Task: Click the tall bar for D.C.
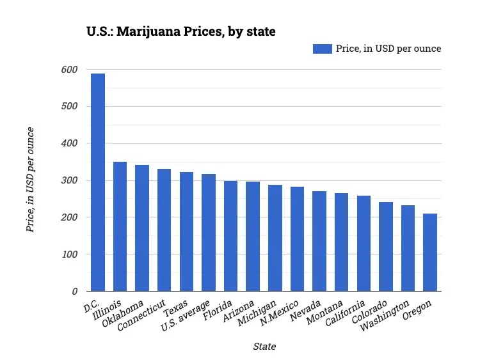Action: [98, 182]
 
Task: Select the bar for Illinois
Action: [120, 226]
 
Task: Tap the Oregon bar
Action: [430, 253]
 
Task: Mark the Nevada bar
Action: [319, 241]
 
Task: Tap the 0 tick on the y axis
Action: [74, 292]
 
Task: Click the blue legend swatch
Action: [322, 49]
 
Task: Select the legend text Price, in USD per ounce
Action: [388, 49]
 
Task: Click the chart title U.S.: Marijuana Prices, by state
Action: [181, 31]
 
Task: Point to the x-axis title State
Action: [264, 347]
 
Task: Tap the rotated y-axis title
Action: [30, 180]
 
